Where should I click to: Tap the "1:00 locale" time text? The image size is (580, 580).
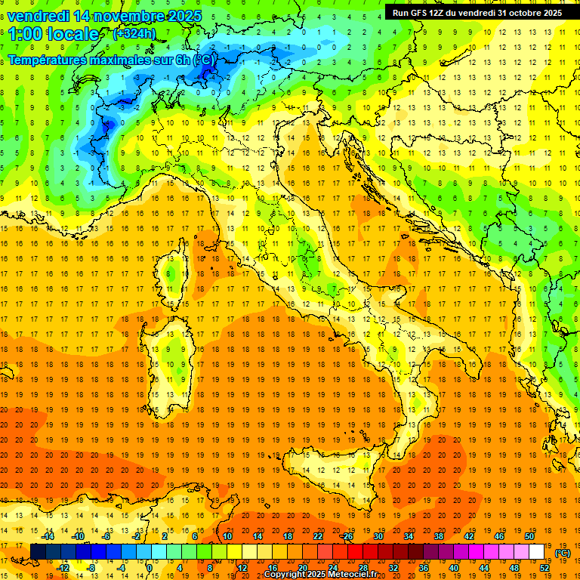click(x=54, y=34)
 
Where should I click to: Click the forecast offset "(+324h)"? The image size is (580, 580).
click(x=134, y=34)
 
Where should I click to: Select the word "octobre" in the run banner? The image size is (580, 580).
click(x=523, y=13)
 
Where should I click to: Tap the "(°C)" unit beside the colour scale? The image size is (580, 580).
click(x=563, y=553)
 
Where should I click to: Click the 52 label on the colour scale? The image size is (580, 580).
click(x=545, y=568)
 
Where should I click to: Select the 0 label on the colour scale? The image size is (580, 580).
click(x=149, y=568)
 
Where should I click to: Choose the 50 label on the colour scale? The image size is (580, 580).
click(x=529, y=536)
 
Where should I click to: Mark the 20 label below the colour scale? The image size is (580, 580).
click(x=302, y=568)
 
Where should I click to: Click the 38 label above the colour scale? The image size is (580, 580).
click(x=439, y=536)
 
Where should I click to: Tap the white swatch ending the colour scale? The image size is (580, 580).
click(x=537, y=552)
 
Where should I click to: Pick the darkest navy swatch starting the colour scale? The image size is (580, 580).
click(x=38, y=552)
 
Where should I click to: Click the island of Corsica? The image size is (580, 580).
click(x=177, y=268)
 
